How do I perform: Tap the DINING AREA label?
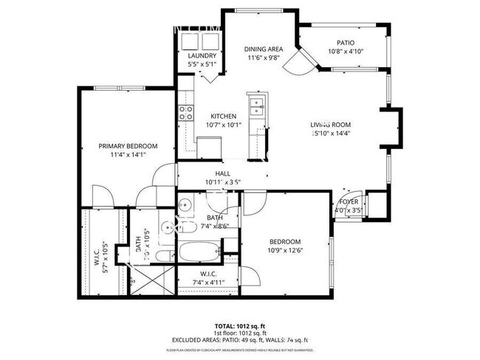pyautogui.click(x=264, y=49)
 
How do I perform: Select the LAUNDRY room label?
pyautogui.click(x=202, y=56)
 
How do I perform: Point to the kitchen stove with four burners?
pyautogui.click(x=185, y=113)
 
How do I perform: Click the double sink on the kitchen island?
pyautogui.click(x=256, y=107)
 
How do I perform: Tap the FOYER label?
pyautogui.click(x=349, y=201)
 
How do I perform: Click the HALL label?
pyautogui.click(x=213, y=173)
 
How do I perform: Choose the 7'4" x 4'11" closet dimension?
pyautogui.click(x=208, y=281)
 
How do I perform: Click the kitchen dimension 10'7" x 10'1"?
pyautogui.click(x=223, y=125)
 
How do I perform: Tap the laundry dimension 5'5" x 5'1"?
pyautogui.click(x=202, y=64)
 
